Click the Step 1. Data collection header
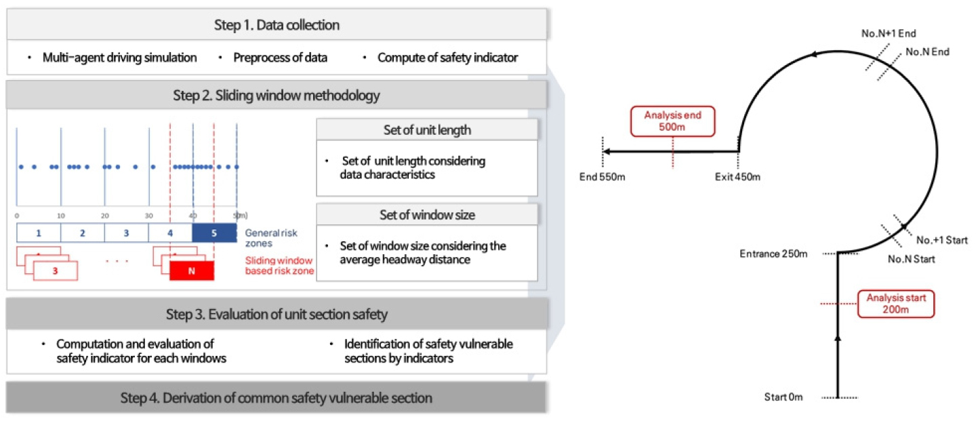coord(277,26)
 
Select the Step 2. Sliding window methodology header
coord(277,96)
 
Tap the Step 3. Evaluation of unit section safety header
coord(277,315)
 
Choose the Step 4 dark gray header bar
coord(277,398)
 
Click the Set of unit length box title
coord(427,130)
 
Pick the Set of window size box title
coord(427,215)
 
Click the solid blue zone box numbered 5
coord(214,233)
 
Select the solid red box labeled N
coord(192,270)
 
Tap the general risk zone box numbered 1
coord(39,233)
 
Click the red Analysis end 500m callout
coord(672,121)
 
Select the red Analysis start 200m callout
coord(895,304)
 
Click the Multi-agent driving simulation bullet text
coord(119,58)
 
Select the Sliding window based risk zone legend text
coord(279,265)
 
